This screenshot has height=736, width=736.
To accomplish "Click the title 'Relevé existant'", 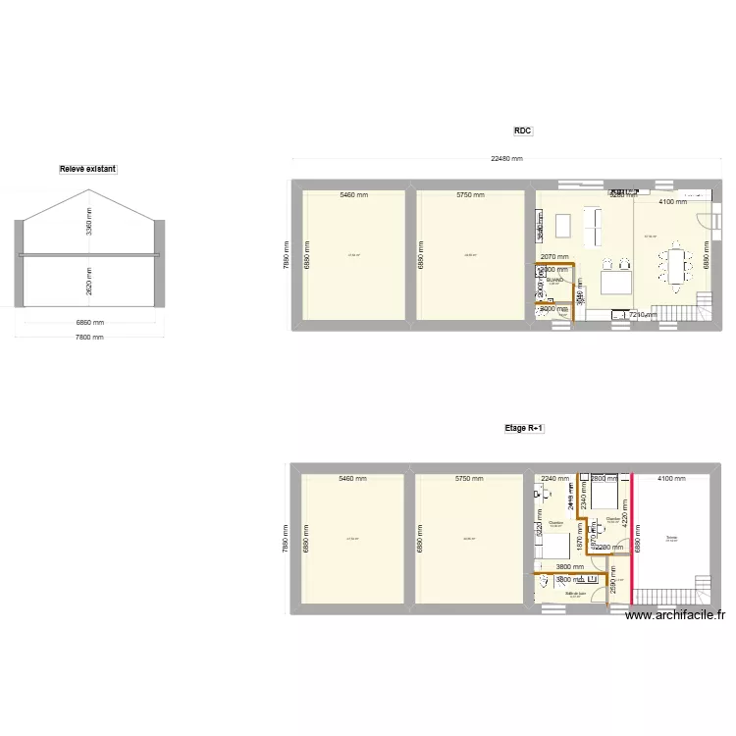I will coord(87,169).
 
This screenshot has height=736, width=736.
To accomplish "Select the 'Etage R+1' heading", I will coord(524,428).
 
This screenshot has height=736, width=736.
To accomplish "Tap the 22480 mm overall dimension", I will coord(507,159).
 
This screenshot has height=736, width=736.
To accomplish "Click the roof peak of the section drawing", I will coord(87,190).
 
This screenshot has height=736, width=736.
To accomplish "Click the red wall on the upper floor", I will coord(632,540).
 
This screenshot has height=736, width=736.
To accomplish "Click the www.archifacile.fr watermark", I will coord(675,615).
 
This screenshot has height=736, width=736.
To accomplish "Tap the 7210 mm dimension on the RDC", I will coord(643,315).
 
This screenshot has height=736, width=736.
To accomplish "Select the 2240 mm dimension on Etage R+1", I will coord(554,479).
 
